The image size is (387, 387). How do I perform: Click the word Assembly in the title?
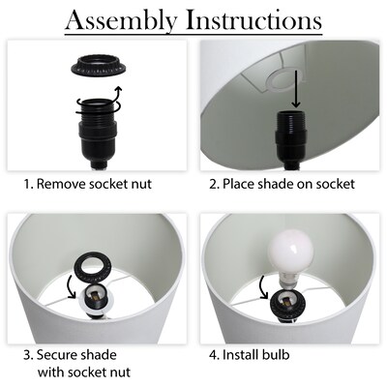coord(121,21)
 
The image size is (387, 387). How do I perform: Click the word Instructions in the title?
coord(254,20)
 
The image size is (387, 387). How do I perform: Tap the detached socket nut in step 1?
coord(99,66)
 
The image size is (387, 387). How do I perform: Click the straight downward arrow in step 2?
coord(296,89)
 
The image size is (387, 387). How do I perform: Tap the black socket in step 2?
coord(291,140)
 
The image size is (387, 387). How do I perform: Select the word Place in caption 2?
coord(236,184)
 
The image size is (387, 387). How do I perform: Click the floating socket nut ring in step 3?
coord(92,267)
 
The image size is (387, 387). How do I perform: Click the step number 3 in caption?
coord(27,355)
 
